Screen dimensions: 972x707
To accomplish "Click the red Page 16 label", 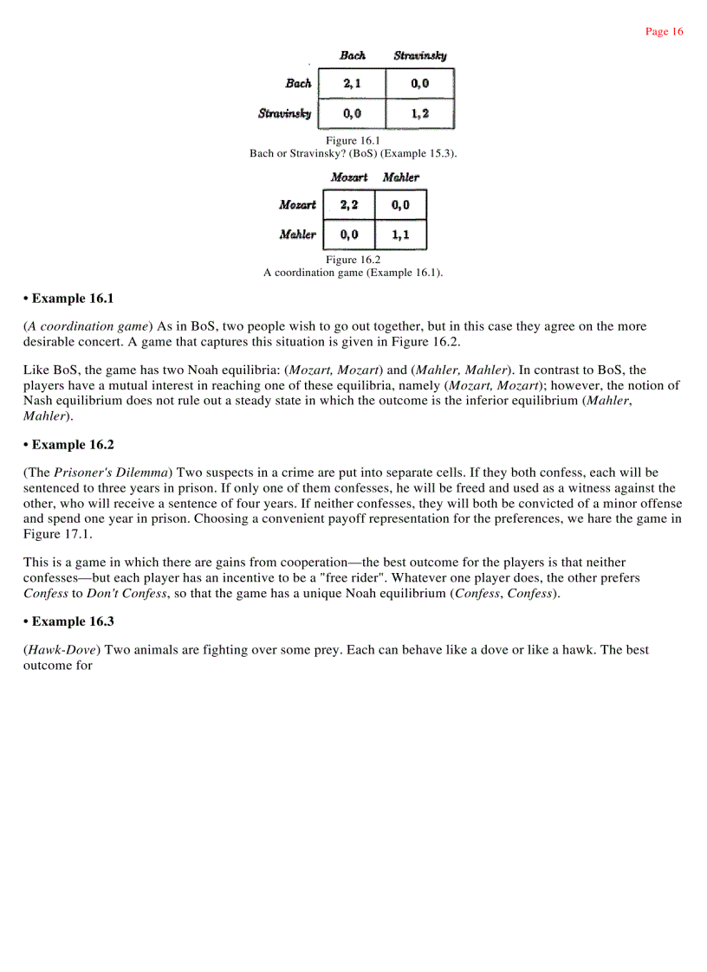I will (664, 32).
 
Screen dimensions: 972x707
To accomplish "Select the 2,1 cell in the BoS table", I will (352, 84).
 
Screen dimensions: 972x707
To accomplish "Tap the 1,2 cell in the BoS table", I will (419, 113).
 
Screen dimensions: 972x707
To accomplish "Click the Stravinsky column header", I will (420, 55).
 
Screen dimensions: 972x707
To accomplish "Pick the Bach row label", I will (298, 84).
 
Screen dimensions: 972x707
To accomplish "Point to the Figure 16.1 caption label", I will (353, 140).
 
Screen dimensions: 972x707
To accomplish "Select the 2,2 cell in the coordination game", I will (348, 205).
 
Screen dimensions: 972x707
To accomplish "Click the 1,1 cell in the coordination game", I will (400, 235).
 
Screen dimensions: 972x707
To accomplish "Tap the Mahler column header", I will (400, 177).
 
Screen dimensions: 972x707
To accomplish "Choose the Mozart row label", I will (297, 205).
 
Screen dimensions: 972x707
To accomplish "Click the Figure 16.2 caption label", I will (353, 260).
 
